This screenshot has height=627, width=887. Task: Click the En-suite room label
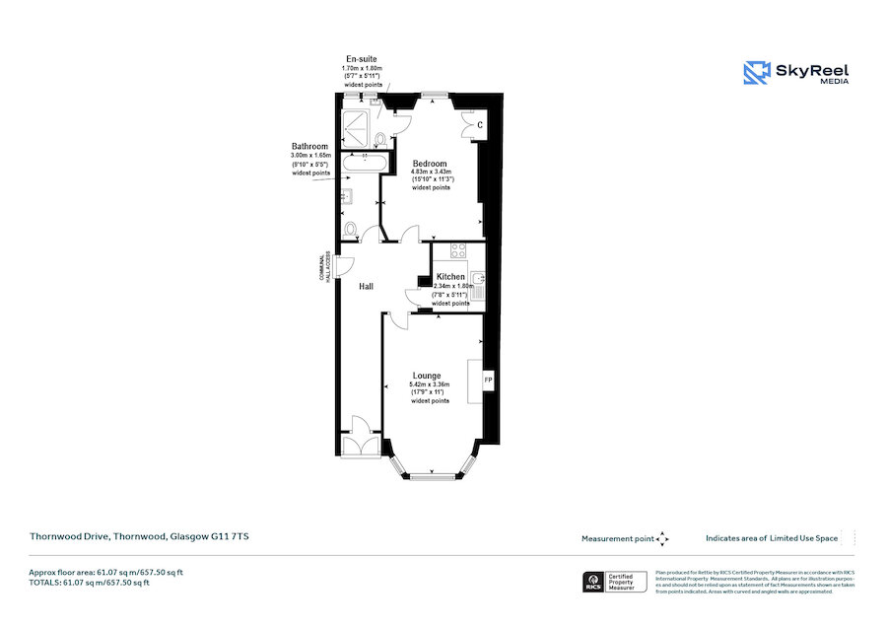[x=361, y=59]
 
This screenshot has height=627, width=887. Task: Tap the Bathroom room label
[x=310, y=146]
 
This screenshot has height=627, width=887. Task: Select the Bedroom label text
[x=430, y=164]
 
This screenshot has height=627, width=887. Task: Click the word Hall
[x=366, y=287]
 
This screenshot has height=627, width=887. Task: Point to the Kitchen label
[x=450, y=277]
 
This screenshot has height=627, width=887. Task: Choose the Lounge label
[x=427, y=376]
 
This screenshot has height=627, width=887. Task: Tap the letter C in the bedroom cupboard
[x=479, y=125]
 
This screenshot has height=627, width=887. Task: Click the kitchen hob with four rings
[x=458, y=251]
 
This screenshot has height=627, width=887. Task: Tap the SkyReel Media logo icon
[x=757, y=72]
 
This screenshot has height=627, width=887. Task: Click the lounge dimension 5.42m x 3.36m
[x=430, y=384]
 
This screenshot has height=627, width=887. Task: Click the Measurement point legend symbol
[x=662, y=538]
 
